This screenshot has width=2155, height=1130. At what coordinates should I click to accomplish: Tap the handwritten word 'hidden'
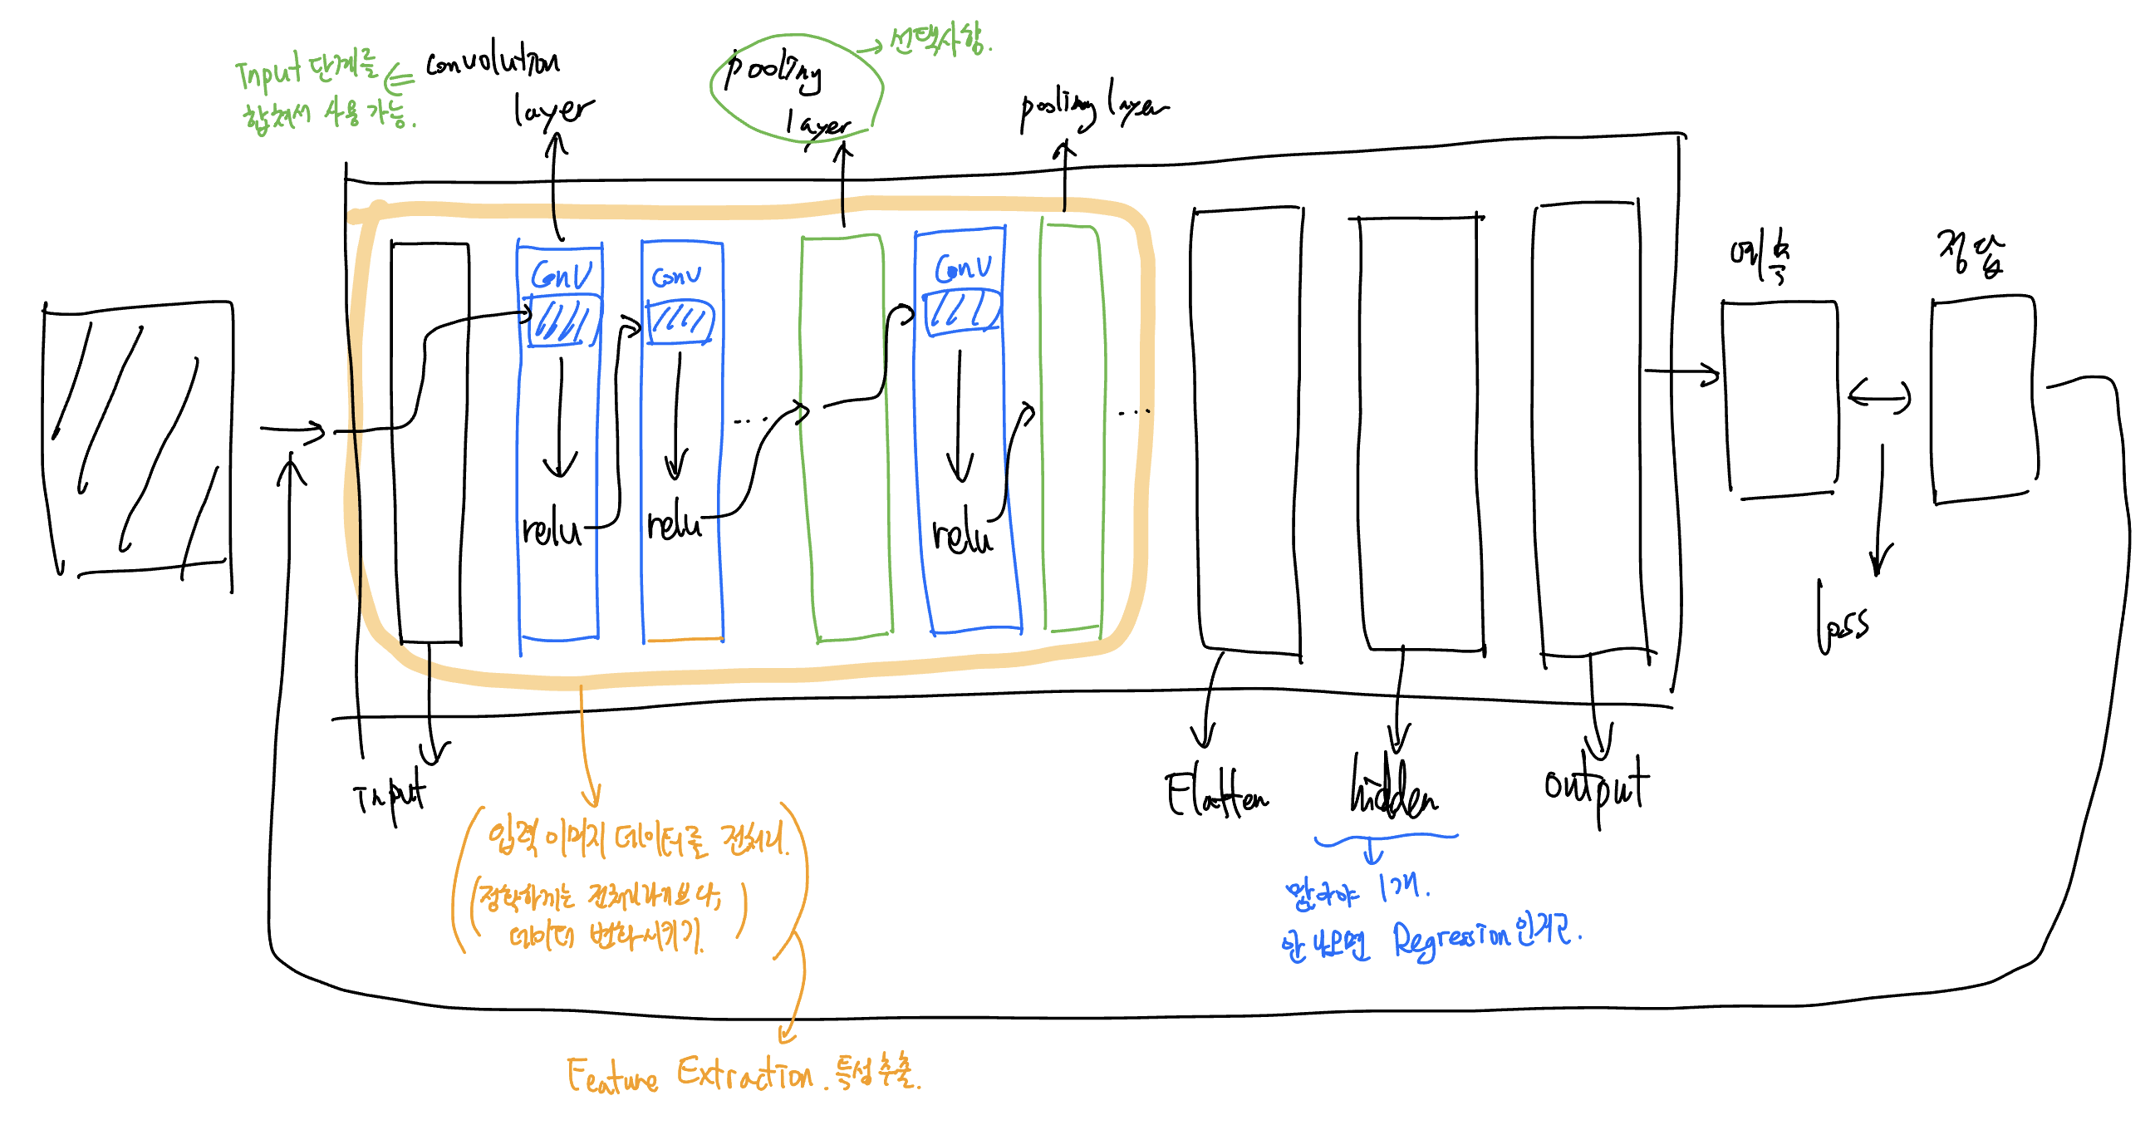coord(1393,790)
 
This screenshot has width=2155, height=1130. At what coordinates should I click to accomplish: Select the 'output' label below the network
coord(1596,786)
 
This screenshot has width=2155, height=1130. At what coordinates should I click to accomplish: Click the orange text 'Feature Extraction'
coord(690,1075)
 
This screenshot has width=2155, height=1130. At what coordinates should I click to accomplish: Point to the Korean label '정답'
coord(1970,252)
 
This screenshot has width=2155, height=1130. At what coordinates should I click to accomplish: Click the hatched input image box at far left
coord(138,444)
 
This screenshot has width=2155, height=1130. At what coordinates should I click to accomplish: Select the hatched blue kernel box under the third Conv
coord(963,312)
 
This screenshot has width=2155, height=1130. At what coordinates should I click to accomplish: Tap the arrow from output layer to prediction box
coord(1681,373)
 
